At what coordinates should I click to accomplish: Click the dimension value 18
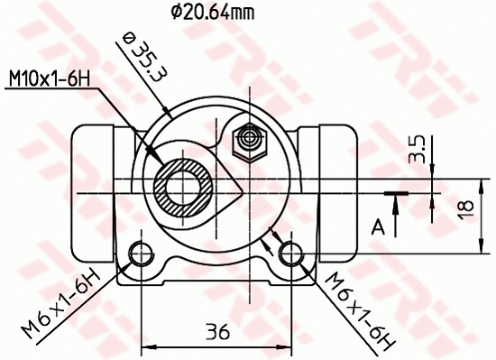(465, 208)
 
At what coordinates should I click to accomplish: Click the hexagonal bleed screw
(247, 140)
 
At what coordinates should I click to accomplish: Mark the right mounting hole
(289, 252)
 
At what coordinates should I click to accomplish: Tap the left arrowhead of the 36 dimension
(148, 346)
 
